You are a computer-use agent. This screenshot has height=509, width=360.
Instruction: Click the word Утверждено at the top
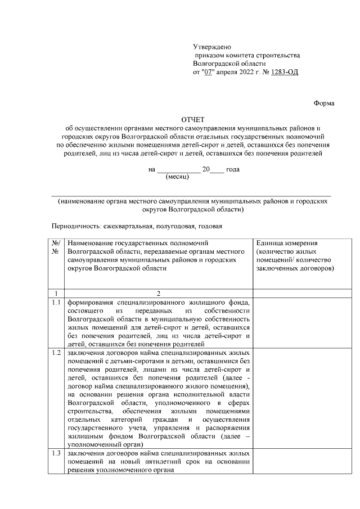(x=212, y=46)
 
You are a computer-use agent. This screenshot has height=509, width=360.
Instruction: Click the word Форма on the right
(x=323, y=103)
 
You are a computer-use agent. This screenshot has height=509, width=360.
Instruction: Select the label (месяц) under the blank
(x=178, y=176)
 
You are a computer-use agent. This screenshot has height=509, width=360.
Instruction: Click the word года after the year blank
(x=233, y=169)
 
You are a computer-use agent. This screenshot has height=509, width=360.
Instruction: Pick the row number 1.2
(x=56, y=353)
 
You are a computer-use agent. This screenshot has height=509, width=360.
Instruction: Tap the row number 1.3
(x=56, y=454)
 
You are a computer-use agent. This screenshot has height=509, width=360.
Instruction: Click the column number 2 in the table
(x=159, y=293)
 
